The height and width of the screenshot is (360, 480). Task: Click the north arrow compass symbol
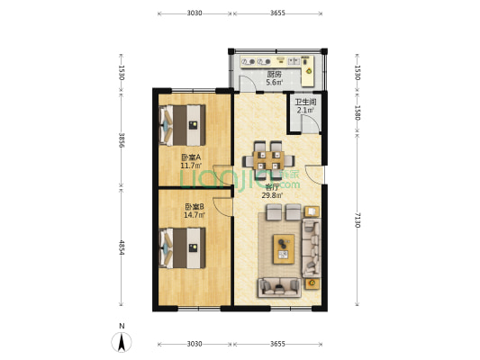coord(122,342)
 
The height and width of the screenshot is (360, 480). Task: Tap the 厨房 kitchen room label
coord(274,75)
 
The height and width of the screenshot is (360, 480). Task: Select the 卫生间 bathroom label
coord(305,103)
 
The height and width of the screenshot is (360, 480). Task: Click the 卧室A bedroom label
coord(191,157)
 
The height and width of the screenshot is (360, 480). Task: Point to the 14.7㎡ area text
coord(195,215)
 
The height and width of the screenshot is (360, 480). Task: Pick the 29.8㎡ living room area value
coord(273,196)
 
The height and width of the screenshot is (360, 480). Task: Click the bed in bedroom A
coord(183,125)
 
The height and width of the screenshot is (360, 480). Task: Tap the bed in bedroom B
coord(183,247)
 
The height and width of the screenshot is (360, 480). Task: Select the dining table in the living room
coord(268,160)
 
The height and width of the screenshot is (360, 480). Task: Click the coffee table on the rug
coord(284,249)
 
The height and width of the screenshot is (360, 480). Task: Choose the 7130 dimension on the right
coord(358,220)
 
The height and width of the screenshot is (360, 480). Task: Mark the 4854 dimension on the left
coord(122,247)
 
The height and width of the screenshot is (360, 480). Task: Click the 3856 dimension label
coord(122,140)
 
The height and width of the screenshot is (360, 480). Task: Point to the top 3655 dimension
coord(277,13)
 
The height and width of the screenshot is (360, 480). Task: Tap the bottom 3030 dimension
coord(195,344)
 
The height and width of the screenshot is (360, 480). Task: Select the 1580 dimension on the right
coord(358,112)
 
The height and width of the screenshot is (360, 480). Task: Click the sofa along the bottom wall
coord(279,287)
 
